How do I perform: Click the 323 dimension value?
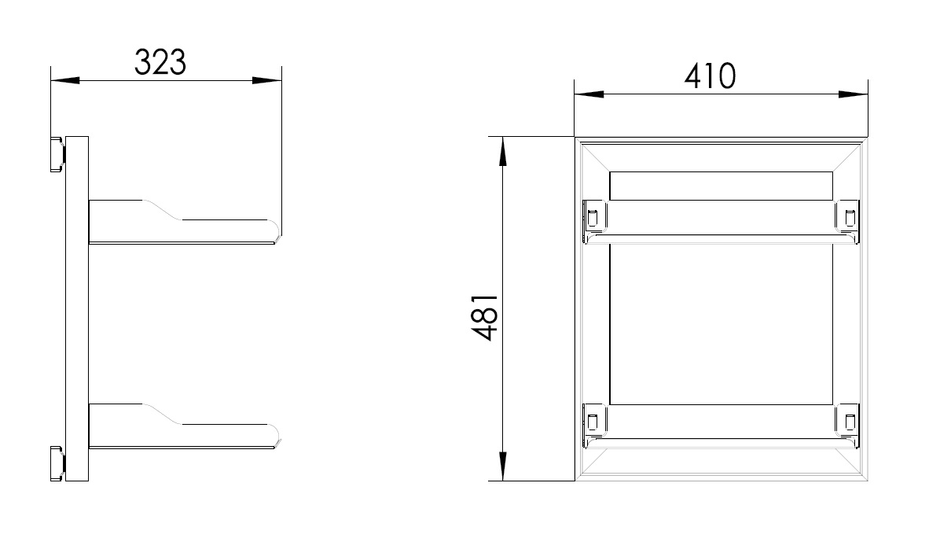160,62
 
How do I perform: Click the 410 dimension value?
710,76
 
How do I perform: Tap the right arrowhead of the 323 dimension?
266,80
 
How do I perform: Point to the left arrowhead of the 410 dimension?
589,94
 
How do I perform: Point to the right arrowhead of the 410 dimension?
853,94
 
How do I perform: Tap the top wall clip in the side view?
57,153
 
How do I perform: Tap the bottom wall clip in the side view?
57,464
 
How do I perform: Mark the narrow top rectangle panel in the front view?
721,186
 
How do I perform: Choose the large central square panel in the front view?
721,324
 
